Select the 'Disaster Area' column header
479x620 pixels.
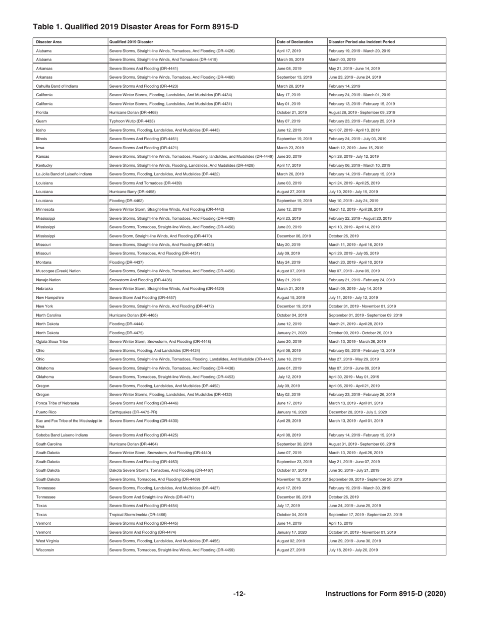tap(48, 42)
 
